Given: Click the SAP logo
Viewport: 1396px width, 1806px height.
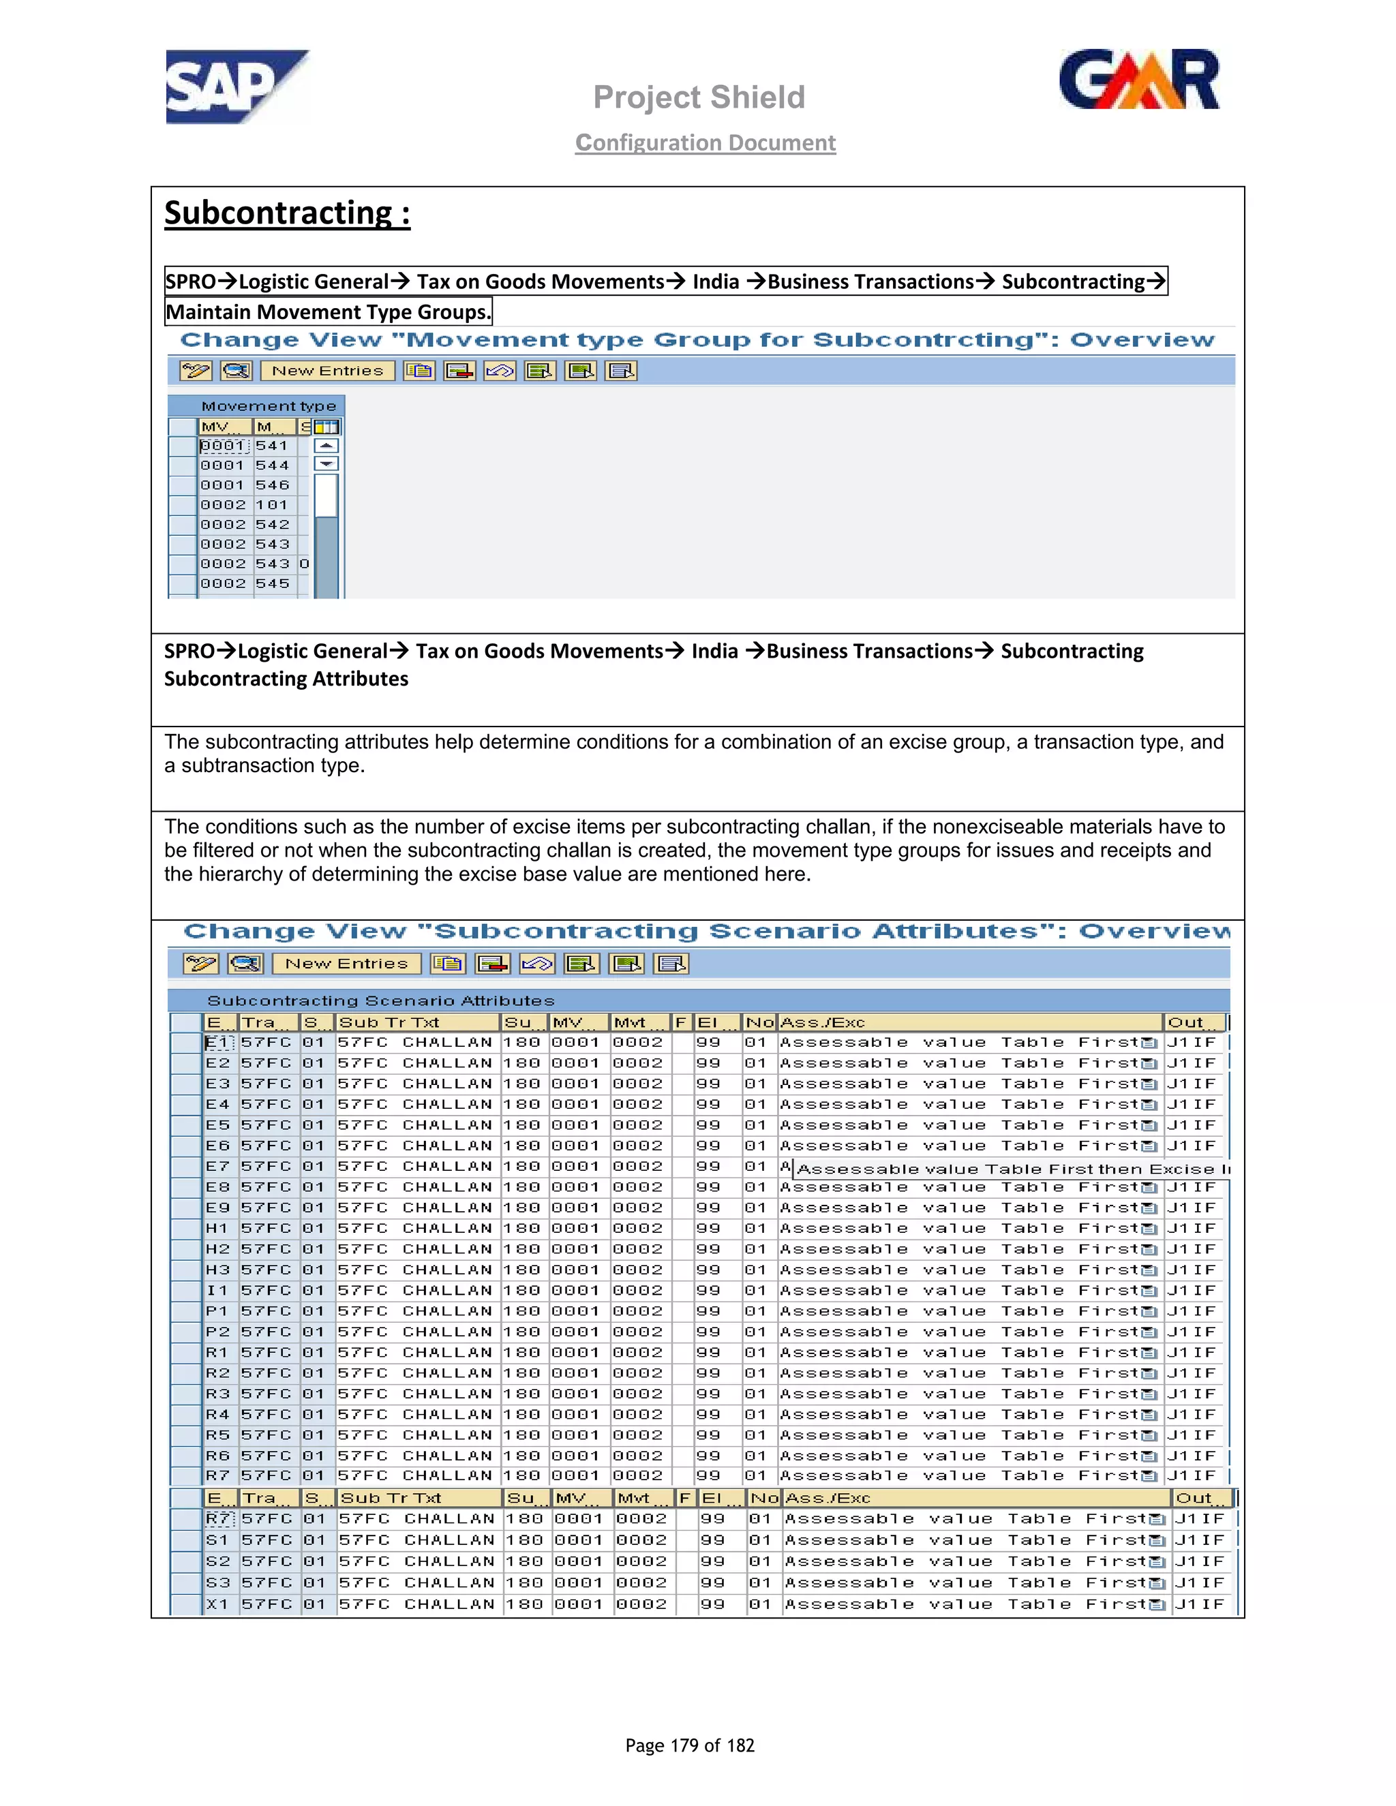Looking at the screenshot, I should click(237, 86).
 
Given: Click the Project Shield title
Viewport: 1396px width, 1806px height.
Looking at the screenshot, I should click(699, 97).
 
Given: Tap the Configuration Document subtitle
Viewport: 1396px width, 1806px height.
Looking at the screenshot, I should click(705, 143).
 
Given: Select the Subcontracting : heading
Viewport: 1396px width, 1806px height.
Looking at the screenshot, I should click(287, 213).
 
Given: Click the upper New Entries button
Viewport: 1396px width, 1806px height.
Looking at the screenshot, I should click(327, 371).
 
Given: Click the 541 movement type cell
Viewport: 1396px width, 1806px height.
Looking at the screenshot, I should click(272, 446).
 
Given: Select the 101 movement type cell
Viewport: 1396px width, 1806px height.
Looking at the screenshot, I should click(272, 505).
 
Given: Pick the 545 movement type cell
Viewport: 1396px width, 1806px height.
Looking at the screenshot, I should click(272, 584).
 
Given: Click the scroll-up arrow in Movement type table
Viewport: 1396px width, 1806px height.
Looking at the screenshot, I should click(327, 446).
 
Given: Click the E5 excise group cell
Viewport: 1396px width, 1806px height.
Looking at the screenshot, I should click(218, 1125).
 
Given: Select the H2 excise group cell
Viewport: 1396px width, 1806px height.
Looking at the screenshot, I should click(218, 1249).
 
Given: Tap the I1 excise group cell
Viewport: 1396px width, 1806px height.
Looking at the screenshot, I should click(218, 1291).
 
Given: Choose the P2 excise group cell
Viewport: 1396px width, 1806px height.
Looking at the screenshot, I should click(218, 1332).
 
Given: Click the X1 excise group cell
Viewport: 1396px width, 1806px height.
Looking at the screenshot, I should click(218, 1605).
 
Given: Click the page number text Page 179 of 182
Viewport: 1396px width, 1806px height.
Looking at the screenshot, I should click(690, 1745).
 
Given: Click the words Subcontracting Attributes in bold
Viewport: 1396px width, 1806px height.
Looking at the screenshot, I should click(286, 679).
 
